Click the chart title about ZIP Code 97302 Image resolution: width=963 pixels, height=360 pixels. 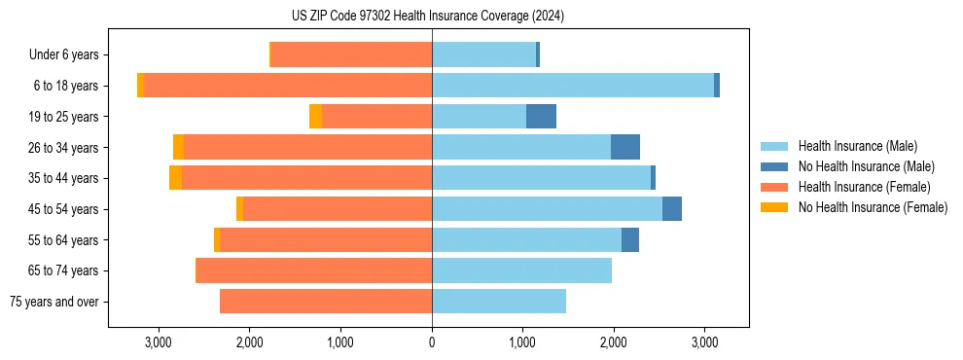428,17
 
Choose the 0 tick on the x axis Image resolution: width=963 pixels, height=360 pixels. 432,342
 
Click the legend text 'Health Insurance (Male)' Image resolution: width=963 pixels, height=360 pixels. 857,146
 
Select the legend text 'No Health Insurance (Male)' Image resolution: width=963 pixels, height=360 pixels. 866,166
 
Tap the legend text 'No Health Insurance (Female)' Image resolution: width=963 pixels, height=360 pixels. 872,207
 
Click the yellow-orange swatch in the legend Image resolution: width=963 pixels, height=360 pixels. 774,207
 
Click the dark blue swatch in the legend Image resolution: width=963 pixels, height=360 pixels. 774,166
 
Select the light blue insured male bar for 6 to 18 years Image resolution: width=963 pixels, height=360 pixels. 573,86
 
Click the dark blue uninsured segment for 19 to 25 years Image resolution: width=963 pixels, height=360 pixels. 541,117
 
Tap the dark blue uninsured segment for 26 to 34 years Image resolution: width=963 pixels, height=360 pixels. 625,147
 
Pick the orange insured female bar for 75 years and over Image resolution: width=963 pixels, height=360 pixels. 326,302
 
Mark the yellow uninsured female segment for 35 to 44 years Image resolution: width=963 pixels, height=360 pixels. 175,178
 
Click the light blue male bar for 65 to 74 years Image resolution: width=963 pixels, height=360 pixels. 521,270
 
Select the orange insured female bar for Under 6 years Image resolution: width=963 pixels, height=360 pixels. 351,55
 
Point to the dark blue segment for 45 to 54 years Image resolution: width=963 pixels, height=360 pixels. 672,209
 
